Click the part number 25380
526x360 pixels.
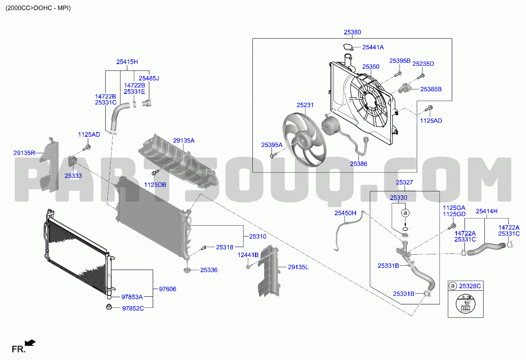(352, 32)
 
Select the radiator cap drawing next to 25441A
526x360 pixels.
(348, 47)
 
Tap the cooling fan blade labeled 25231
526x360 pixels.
(304, 140)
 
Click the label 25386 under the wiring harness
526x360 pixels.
(358, 164)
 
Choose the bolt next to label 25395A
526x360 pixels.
(274, 155)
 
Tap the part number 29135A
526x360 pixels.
(184, 141)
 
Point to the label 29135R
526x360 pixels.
(24, 153)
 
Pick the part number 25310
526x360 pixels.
(257, 236)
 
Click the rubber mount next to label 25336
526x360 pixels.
(187, 270)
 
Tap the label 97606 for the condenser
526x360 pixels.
(168, 289)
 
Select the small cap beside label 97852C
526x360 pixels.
(109, 307)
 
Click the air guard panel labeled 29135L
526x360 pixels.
(269, 271)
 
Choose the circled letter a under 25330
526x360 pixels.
(405, 213)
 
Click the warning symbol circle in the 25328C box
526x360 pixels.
(465, 304)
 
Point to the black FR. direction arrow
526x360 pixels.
(30, 343)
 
